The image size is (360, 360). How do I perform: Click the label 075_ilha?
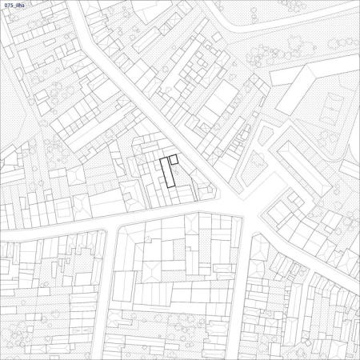click(16, 6)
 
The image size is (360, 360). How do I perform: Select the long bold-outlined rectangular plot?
click(166, 173)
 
